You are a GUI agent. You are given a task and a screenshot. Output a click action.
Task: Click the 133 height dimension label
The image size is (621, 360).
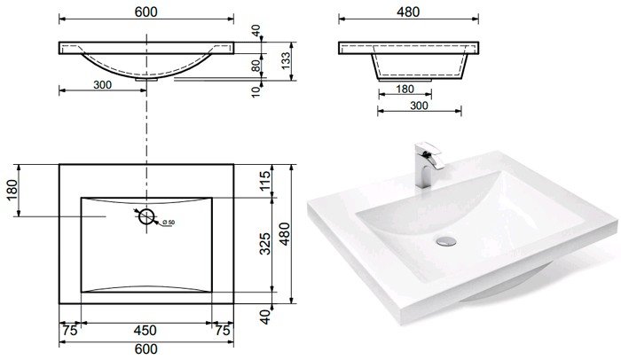click(286, 61)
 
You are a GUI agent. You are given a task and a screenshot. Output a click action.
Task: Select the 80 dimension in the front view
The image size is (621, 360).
click(256, 65)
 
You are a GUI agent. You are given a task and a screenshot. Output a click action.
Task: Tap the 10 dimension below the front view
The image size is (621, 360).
click(256, 91)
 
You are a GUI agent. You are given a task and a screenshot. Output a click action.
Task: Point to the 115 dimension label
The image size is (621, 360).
click(265, 180)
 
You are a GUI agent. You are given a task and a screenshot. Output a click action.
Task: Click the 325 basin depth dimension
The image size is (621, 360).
click(265, 244)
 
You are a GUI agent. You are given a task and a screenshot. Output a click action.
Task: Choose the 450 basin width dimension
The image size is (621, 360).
click(145, 331)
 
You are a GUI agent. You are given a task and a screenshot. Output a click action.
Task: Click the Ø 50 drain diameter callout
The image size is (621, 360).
click(169, 223)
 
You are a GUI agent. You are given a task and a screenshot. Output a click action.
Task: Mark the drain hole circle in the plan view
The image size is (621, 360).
click(146, 216)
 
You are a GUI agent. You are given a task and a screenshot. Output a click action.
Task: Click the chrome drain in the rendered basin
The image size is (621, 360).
click(446, 241)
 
